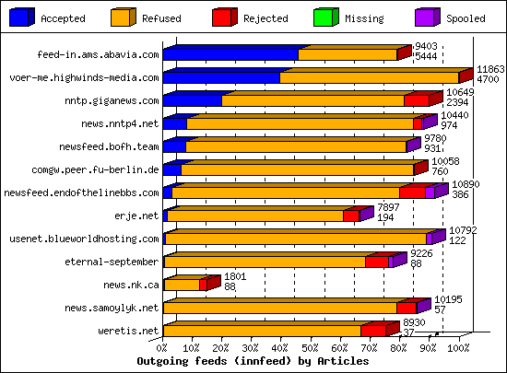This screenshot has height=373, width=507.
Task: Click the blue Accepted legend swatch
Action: [22, 17]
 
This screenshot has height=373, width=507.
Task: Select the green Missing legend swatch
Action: [325, 17]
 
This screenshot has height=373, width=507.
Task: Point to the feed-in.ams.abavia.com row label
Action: [98, 55]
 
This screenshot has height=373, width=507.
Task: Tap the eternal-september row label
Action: [113, 262]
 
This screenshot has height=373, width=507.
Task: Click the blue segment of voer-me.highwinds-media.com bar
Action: [221, 78]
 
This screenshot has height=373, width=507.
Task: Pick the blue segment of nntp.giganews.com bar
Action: [192, 101]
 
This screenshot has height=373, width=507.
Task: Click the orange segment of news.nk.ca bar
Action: [181, 286]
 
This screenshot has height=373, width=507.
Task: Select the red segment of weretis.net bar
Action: [372, 331]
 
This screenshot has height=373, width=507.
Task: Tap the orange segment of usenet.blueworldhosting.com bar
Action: [295, 239]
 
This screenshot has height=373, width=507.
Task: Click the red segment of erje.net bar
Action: [350, 216]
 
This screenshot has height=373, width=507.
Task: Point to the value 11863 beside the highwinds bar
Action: [490, 70]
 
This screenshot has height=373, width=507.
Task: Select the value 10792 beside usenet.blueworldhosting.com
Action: [463, 231]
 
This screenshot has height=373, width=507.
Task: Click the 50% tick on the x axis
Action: [311, 349]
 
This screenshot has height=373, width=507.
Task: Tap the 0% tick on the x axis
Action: [163, 349]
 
